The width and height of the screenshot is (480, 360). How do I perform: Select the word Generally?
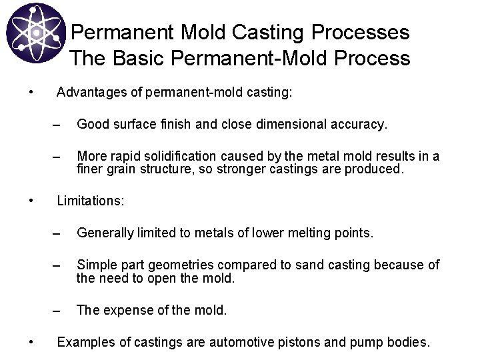pos(105,233)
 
